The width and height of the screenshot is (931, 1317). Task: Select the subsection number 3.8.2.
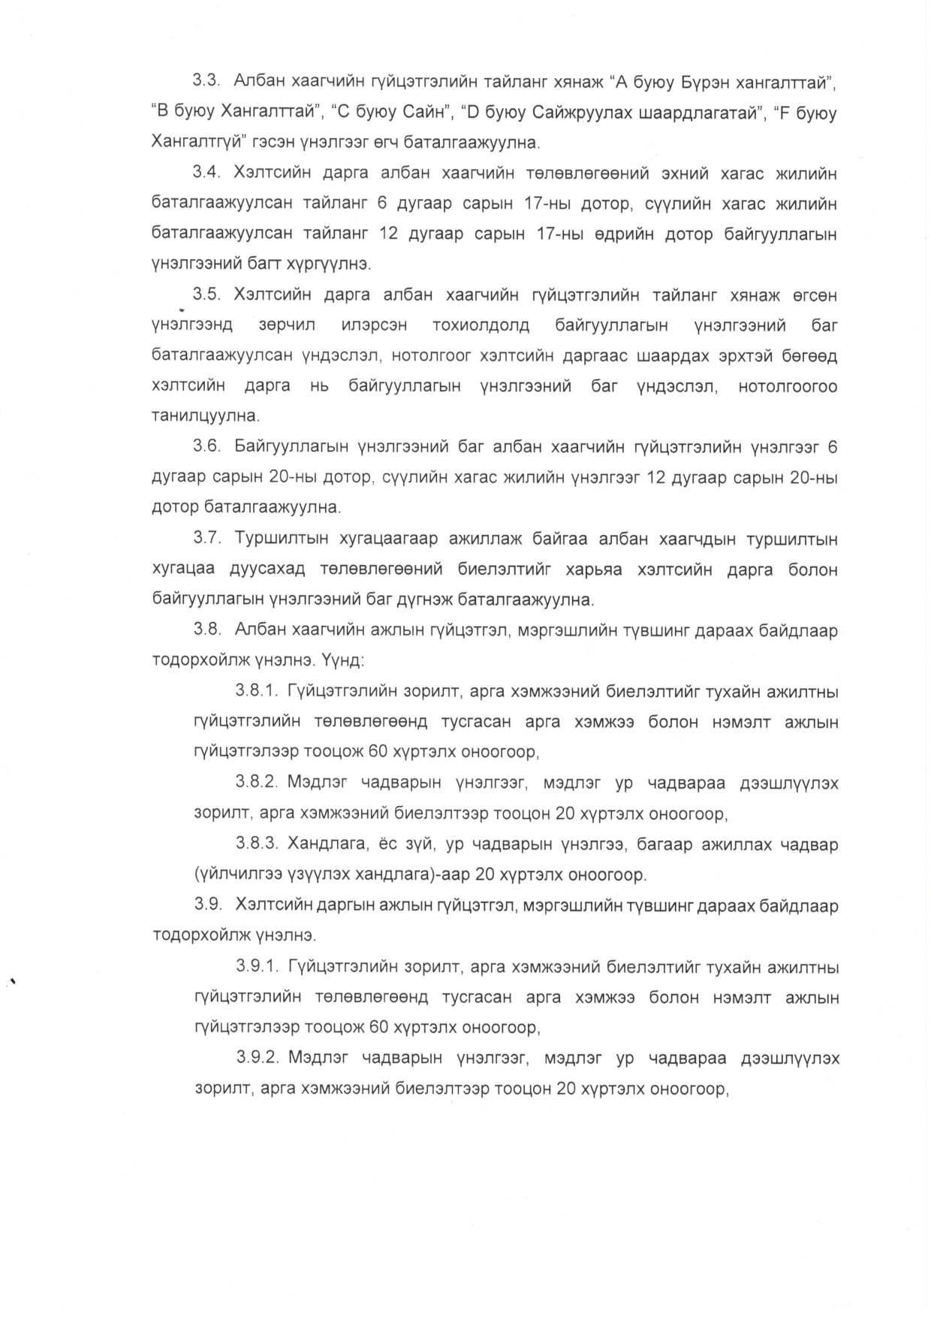(x=258, y=783)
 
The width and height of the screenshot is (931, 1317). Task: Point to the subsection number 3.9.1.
(x=258, y=967)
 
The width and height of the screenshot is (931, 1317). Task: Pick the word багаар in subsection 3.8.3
(x=664, y=844)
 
